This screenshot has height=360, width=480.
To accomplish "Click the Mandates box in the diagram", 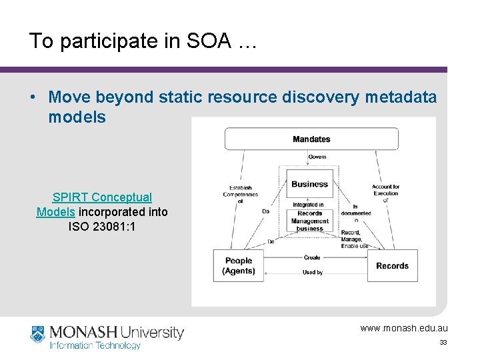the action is pos(311,139).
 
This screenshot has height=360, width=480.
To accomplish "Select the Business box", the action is pos(310,183).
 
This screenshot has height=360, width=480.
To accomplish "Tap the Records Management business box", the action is pos(310,221).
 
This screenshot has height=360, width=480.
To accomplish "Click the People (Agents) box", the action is pos(239,265).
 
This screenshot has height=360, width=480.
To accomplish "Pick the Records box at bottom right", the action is pos(392,265).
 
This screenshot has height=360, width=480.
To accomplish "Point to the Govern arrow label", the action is pos(317,157).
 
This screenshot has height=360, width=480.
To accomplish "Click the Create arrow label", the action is pos(312,257).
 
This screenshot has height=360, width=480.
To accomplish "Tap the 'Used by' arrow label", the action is pos(313,272).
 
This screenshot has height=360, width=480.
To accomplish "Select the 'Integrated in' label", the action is pos(309,205).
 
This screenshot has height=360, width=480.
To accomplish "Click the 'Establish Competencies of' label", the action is pos(240,194).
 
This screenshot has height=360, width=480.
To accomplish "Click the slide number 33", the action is pos(443,343).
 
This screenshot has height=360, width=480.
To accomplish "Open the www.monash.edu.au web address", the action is pos(404,328).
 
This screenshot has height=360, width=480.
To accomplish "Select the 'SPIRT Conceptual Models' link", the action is pos(102,204).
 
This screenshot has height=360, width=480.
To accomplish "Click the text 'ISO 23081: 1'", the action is pos(102,226).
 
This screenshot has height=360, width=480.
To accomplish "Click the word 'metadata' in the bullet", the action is pos(398,97).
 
